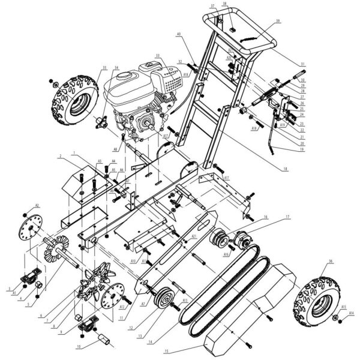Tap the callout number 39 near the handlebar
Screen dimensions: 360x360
(278, 22)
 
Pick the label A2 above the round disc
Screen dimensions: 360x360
(37, 206)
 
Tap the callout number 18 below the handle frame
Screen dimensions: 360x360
(286, 170)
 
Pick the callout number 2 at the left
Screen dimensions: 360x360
(61, 157)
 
